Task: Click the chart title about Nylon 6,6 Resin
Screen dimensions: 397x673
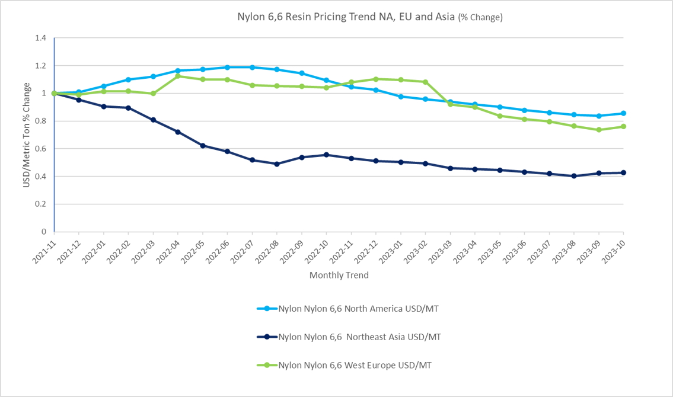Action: [x=361, y=17]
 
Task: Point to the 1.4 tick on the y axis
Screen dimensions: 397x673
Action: [x=40, y=38]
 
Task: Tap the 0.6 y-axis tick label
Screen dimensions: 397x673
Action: [x=40, y=149]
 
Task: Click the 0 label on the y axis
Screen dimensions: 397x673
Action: [x=44, y=232]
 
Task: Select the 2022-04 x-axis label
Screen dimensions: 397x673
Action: [x=169, y=250]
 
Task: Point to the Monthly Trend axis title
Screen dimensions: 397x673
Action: [x=339, y=275]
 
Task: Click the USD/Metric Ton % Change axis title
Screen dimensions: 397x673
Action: [x=27, y=135]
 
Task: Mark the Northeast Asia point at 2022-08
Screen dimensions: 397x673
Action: [x=277, y=164]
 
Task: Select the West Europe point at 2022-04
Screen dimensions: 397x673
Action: [x=178, y=76]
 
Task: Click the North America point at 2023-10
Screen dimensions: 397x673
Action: [x=623, y=113]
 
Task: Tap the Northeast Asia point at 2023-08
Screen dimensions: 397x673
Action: [x=574, y=176]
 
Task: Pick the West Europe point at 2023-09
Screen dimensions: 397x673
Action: [x=599, y=130]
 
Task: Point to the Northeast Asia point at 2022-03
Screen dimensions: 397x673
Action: [x=153, y=120]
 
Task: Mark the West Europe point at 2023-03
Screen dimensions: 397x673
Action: [x=450, y=104]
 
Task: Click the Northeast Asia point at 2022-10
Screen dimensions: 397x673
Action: [x=326, y=155]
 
